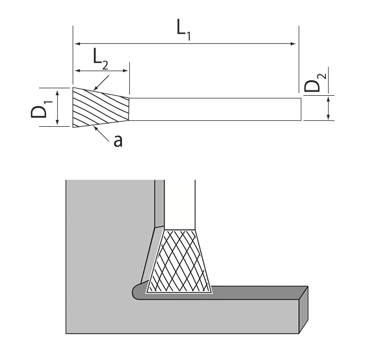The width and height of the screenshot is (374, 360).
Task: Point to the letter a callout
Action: (x=118, y=140)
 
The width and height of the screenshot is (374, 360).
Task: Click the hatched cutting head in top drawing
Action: (x=100, y=108)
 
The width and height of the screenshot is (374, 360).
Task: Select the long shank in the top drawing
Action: (x=214, y=109)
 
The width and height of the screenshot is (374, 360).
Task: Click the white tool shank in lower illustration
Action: (x=180, y=203)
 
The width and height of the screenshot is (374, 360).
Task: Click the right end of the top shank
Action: (x=300, y=109)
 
